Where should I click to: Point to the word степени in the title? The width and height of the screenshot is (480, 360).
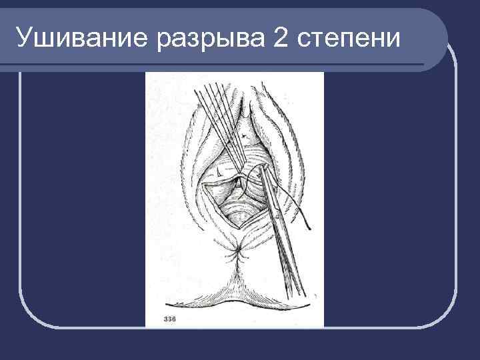[x=349, y=39]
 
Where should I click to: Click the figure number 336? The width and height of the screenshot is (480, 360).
[x=170, y=320]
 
